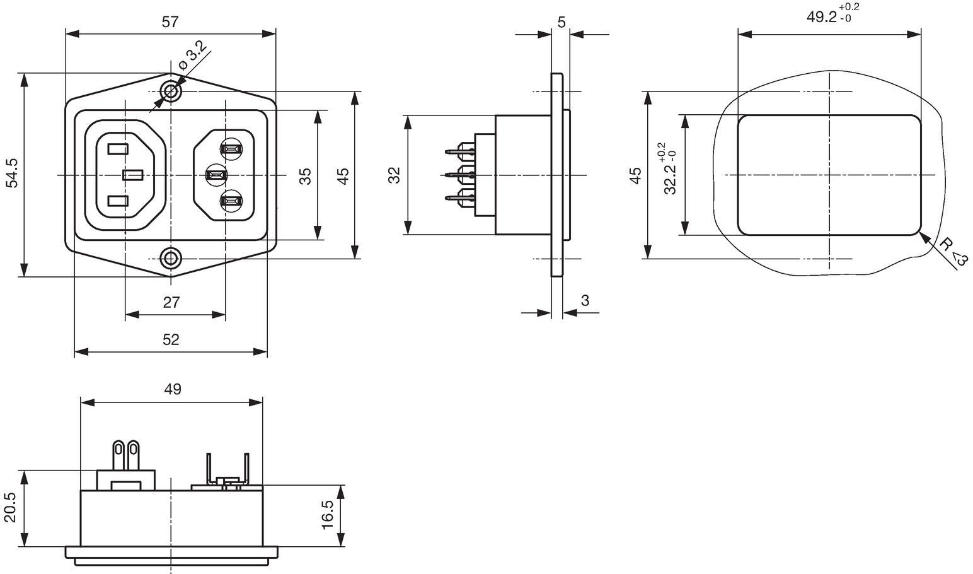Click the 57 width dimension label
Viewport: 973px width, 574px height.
(170, 21)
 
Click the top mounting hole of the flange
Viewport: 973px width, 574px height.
(171, 91)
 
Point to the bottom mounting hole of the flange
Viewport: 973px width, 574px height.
(171, 259)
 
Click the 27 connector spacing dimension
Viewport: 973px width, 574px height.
(171, 302)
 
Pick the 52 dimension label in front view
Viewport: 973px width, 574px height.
(171, 339)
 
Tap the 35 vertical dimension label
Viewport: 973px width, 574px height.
(306, 176)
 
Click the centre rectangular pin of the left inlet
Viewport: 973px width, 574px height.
(133, 175)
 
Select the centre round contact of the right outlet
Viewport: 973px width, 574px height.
(216, 175)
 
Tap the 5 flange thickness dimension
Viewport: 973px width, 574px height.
(561, 22)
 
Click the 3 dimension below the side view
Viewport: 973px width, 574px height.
(585, 300)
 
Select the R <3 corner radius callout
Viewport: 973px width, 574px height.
(953, 253)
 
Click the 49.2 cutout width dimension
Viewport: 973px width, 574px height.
(832, 14)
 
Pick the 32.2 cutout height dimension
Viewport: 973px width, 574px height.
(670, 169)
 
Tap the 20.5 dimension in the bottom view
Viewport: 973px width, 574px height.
(9, 508)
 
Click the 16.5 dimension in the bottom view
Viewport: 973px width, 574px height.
(328, 515)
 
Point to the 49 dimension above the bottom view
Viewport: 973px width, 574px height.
(173, 389)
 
